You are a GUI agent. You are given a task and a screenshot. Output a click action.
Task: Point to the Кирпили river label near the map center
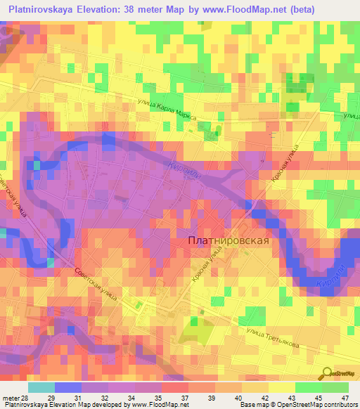[x=185, y=171]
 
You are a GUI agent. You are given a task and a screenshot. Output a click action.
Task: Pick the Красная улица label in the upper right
[x=286, y=167]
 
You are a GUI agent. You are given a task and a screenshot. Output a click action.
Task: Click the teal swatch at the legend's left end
[x=41, y=387]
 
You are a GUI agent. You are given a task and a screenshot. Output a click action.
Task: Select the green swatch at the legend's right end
[x=335, y=387]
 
